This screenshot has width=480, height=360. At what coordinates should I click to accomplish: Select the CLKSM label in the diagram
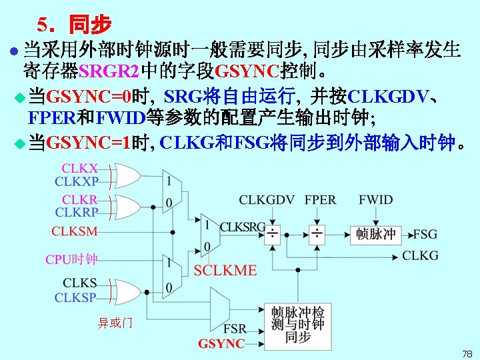(74, 231)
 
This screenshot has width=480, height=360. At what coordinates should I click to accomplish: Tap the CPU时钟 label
(71, 259)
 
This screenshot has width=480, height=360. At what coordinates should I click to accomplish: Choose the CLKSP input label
(75, 297)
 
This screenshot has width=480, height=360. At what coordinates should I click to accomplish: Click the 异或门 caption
(115, 323)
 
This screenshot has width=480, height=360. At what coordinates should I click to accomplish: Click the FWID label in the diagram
(375, 200)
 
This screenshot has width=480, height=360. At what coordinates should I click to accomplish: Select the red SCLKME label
(225, 270)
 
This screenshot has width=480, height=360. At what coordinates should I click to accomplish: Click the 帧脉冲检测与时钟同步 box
(297, 324)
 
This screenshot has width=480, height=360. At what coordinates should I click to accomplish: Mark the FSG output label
(425, 234)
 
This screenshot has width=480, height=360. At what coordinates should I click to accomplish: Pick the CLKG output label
(420, 255)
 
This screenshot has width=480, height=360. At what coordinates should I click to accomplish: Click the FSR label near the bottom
(234, 329)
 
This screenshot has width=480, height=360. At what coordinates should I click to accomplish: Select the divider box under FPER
(317, 234)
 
